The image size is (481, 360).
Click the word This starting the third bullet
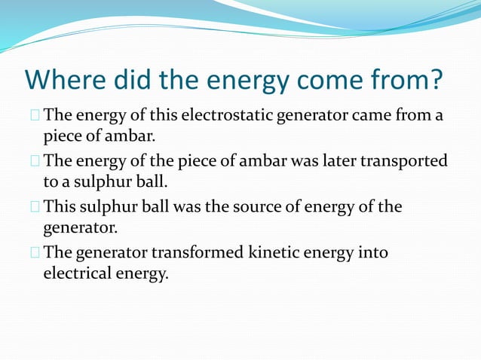[60, 206]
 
